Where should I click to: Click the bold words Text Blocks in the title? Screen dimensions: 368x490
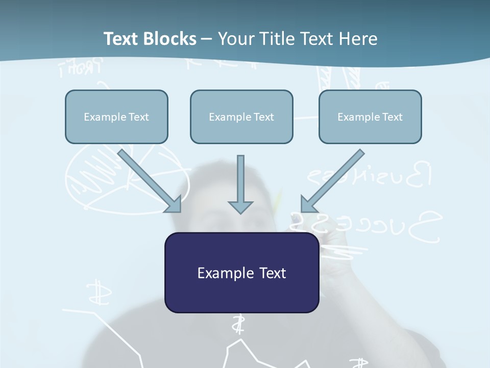point(150,39)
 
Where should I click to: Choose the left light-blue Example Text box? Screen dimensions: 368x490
point(116,117)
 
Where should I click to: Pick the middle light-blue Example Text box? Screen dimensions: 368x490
point(241,117)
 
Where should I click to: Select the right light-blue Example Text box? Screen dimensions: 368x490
point(370,117)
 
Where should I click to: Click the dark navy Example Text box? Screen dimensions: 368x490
point(241,272)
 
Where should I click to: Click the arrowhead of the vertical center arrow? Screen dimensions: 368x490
point(240,207)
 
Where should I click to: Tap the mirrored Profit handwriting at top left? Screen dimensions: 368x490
point(82,67)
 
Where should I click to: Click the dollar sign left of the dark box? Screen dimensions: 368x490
point(95,292)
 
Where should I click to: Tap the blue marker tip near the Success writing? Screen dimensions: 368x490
point(295,219)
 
